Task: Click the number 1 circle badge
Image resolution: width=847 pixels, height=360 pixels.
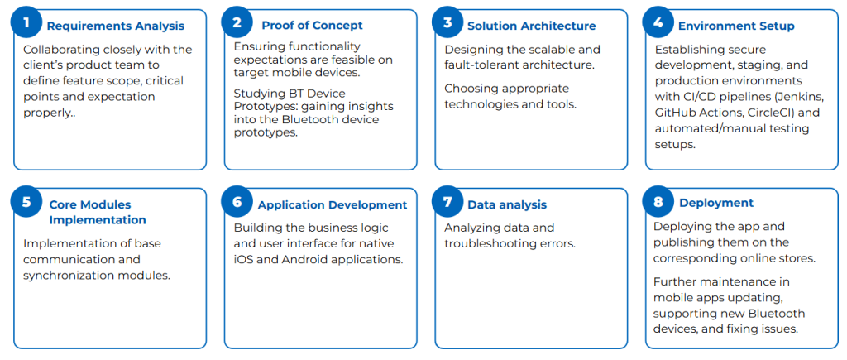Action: click(x=26, y=22)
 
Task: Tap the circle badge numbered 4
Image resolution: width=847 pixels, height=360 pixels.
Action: click(x=658, y=22)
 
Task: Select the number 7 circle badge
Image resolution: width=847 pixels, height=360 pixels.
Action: click(x=447, y=202)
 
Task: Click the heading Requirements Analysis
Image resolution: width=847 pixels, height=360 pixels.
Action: click(x=116, y=26)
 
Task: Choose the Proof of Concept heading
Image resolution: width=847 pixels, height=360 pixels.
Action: click(x=312, y=26)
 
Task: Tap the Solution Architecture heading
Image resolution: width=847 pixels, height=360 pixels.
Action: click(x=532, y=26)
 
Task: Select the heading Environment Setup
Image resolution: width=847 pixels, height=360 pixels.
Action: click(x=736, y=26)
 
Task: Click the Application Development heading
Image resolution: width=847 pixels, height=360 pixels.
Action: click(x=333, y=205)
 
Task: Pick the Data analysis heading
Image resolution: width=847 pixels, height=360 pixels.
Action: click(x=507, y=205)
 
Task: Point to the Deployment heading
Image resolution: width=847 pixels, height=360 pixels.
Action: click(x=716, y=204)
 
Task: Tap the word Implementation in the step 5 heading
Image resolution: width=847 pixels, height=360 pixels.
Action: click(x=98, y=220)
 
